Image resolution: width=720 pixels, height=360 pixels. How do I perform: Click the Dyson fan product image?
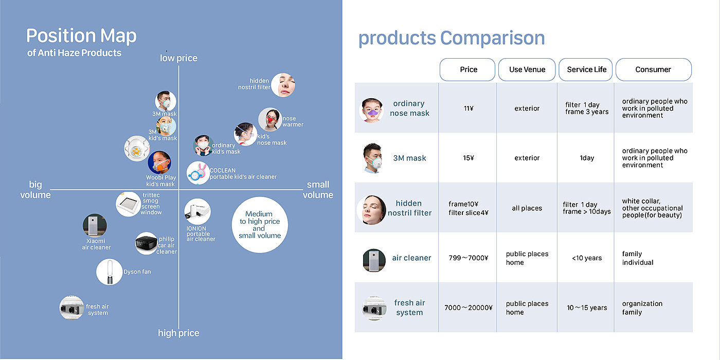(x=109, y=272)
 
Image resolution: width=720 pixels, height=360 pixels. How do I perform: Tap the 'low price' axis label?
(x=179, y=58)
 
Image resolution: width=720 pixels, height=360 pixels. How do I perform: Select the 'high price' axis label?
(x=179, y=333)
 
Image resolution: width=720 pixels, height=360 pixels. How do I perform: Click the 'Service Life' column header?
(x=586, y=69)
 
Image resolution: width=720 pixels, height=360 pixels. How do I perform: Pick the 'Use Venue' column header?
(x=527, y=69)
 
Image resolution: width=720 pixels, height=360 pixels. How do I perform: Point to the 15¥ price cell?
(x=469, y=158)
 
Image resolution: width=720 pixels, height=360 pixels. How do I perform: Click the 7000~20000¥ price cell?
(x=469, y=308)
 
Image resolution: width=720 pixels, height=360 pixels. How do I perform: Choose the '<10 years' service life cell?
(x=587, y=258)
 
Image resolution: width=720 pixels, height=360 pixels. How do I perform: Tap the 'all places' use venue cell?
(x=527, y=208)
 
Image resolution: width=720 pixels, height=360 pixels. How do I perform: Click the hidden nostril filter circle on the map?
(x=283, y=85)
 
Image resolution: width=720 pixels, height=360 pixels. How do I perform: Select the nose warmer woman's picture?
(x=270, y=119)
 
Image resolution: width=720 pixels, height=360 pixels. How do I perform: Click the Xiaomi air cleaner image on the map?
(x=95, y=225)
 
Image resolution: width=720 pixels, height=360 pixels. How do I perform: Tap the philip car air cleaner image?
(x=147, y=243)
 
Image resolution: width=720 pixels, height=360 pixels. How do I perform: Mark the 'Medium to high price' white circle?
(x=260, y=225)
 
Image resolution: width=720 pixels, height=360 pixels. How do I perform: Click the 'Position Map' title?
(x=81, y=35)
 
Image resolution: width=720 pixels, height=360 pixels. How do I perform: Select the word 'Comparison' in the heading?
(x=493, y=38)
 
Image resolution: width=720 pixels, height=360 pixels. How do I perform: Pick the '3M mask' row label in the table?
(x=409, y=158)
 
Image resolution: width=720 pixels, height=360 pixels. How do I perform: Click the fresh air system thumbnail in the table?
(x=374, y=308)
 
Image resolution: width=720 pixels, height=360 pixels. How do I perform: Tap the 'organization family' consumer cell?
(x=642, y=308)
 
